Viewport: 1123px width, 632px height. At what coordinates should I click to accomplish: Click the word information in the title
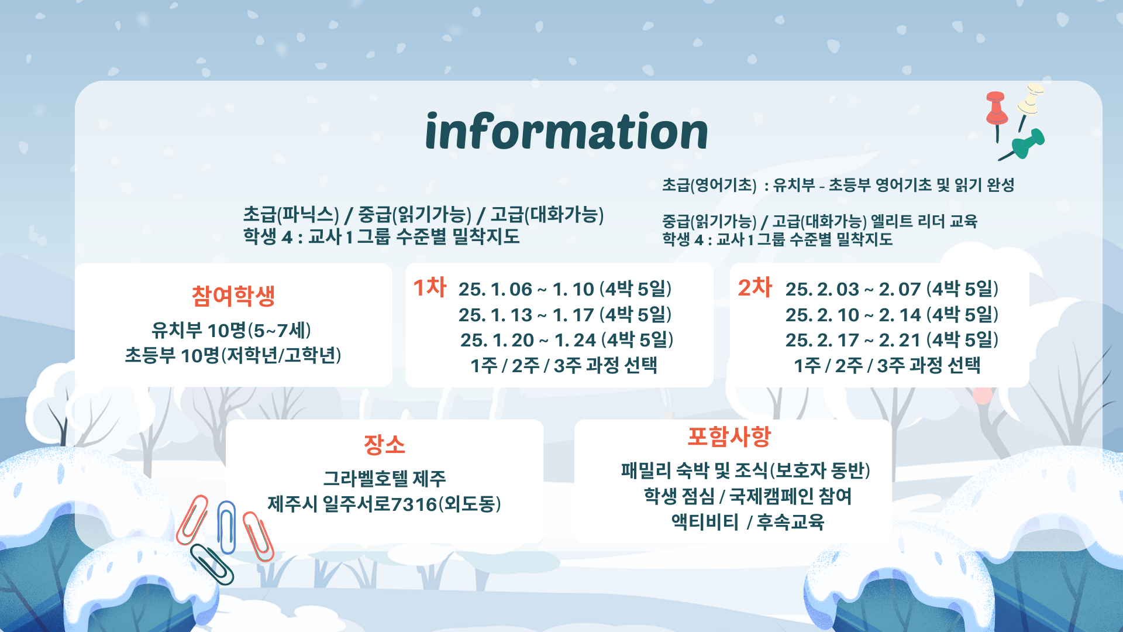pyautogui.click(x=566, y=131)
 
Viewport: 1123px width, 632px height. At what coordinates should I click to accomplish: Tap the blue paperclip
pyautogui.click(x=226, y=527)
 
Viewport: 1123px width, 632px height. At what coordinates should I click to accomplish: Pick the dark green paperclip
pyautogui.click(x=212, y=564)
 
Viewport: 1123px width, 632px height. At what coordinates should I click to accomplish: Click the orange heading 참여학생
pyautogui.click(x=233, y=296)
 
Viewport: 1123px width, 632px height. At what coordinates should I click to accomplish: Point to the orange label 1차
pyautogui.click(x=429, y=287)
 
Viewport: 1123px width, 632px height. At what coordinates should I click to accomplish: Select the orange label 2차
pyautogui.click(x=755, y=287)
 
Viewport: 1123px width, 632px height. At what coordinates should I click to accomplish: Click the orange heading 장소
pyautogui.click(x=384, y=445)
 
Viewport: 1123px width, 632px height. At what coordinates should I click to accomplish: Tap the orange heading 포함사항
pyautogui.click(x=729, y=437)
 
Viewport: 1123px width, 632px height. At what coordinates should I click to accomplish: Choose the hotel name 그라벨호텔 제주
pyautogui.click(x=384, y=479)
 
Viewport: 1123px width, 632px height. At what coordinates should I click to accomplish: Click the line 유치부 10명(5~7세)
pyautogui.click(x=231, y=331)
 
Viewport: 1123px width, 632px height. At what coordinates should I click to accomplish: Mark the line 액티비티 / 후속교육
pyautogui.click(x=747, y=521)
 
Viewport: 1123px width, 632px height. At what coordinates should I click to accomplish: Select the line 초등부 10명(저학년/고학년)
pyautogui.click(x=233, y=355)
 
